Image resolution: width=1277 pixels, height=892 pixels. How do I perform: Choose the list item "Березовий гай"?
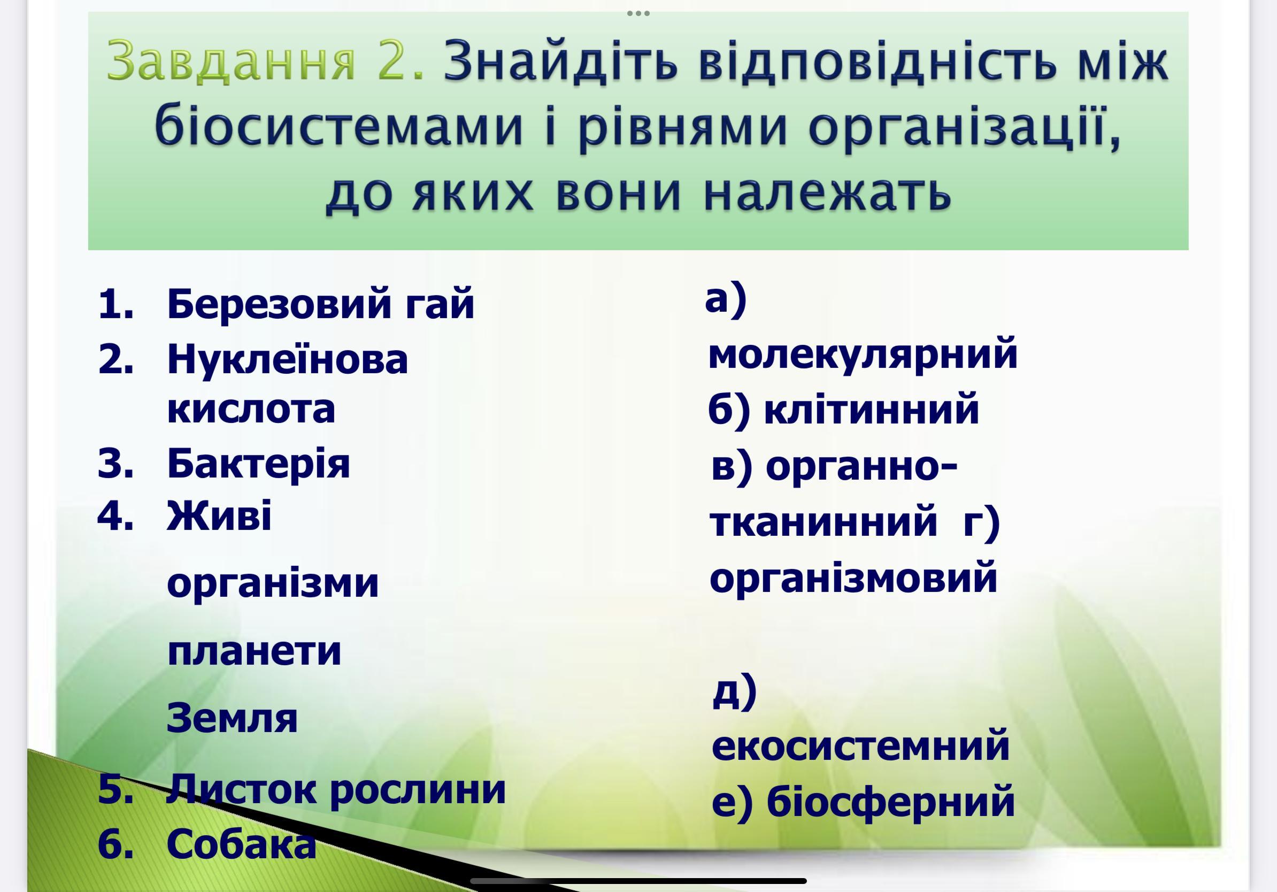[321, 304]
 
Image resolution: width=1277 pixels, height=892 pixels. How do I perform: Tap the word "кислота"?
[251, 409]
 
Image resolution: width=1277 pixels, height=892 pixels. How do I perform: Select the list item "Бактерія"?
[259, 463]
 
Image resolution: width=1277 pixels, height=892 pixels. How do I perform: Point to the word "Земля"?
[232, 718]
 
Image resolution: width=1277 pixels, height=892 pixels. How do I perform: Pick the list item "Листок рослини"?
[336, 790]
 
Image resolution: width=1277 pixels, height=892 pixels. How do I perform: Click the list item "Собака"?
[241, 844]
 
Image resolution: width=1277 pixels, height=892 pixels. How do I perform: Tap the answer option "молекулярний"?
[863, 355]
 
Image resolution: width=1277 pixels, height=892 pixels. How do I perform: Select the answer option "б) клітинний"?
[843, 409]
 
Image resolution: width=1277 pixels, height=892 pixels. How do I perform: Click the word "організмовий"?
[853, 578]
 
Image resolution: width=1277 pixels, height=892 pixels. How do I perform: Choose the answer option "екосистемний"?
[860, 746]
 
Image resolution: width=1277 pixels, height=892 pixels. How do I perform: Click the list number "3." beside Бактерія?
[116, 463]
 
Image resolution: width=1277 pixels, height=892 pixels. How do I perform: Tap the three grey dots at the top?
[638, 13]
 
